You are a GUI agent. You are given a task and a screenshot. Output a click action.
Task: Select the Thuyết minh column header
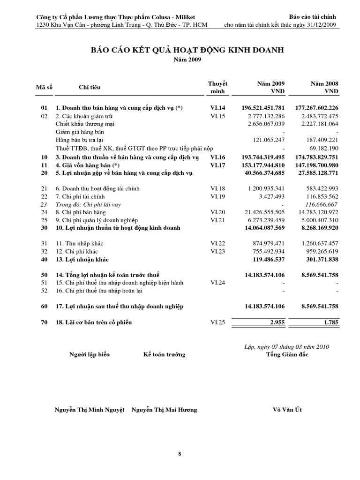pos(217,87)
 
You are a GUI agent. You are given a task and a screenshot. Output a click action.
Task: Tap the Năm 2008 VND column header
pos(324,87)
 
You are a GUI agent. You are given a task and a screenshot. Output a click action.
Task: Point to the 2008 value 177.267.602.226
pos(317,108)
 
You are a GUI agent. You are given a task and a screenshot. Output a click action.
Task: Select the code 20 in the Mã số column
pos(45,173)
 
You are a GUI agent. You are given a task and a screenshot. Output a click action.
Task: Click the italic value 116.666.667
pos(319,204)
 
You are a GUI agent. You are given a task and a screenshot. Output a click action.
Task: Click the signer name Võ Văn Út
pos(287,410)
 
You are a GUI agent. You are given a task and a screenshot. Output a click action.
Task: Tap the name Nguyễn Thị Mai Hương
pos(164,410)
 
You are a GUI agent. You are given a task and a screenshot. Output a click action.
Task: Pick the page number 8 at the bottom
pos(180,454)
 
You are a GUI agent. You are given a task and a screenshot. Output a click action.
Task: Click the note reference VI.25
pos(218,322)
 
